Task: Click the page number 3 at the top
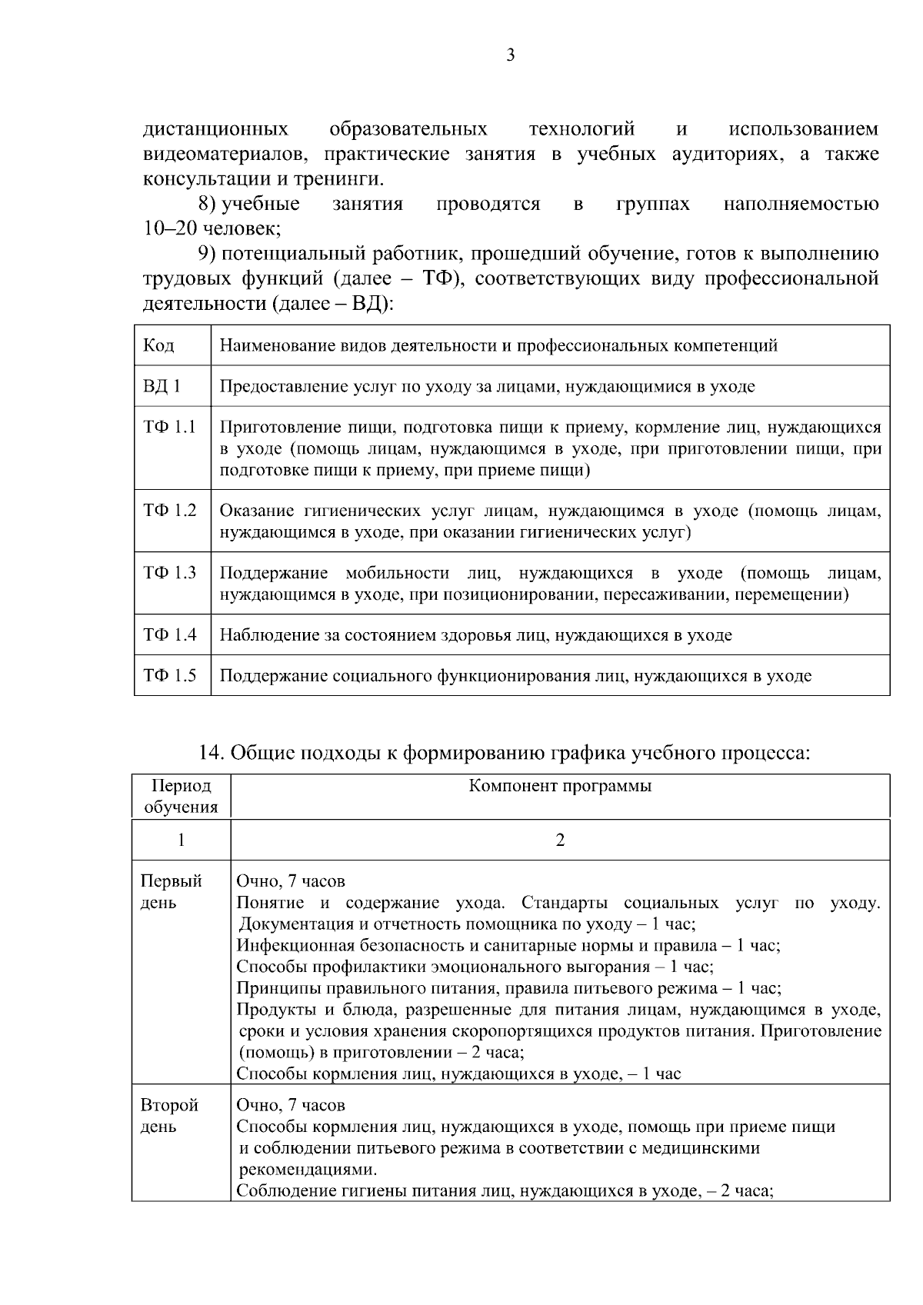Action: click(510, 55)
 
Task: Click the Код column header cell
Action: click(158, 345)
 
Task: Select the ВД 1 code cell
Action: click(162, 386)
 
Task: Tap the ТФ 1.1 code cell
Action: click(169, 428)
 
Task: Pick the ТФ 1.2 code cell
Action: click(169, 511)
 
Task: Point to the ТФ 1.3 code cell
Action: click(169, 573)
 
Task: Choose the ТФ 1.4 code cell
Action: click(169, 635)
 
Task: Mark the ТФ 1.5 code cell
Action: click(169, 676)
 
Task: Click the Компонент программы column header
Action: click(560, 786)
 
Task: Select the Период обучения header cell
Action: click(182, 797)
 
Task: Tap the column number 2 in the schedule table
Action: click(560, 840)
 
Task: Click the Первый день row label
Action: click(171, 891)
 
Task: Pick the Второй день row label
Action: click(169, 1116)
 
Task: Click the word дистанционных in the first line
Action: click(216, 128)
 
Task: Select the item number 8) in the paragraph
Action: click(208, 204)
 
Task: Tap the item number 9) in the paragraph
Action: click(208, 254)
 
